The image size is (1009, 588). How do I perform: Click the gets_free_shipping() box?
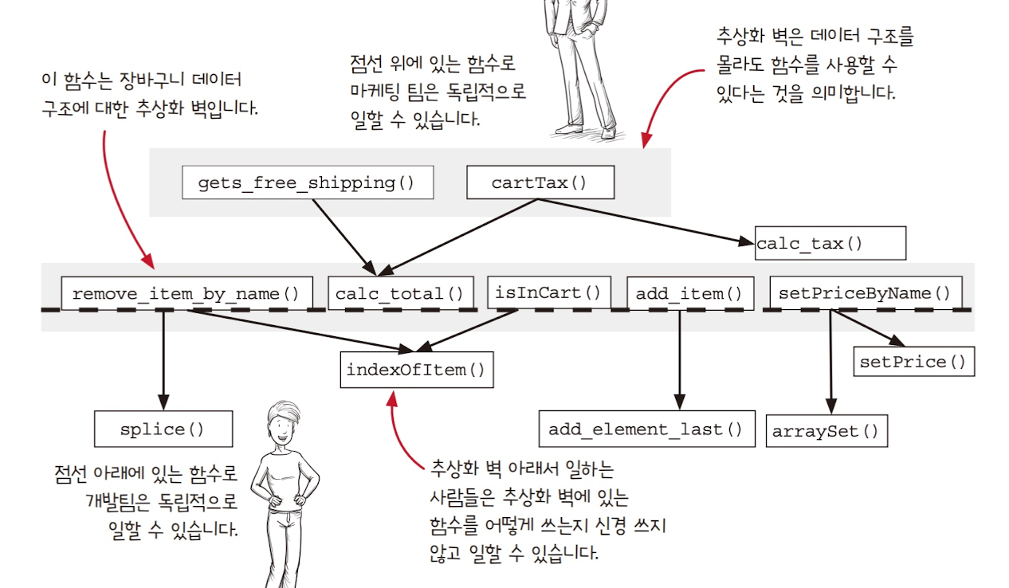coord(307,182)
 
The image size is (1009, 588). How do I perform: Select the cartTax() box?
coord(540,182)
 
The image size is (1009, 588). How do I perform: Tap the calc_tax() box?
coord(830,243)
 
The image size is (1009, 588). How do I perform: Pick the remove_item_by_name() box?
coord(186,293)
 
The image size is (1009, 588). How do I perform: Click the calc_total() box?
coord(400,293)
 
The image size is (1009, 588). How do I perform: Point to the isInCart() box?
coord(548,292)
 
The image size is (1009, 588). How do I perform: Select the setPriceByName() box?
coord(866,292)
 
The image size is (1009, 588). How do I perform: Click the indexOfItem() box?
coord(415,370)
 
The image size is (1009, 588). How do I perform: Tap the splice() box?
coord(163,429)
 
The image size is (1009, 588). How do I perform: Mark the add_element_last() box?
coord(646,429)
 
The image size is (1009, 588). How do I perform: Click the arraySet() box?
coord(826,431)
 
